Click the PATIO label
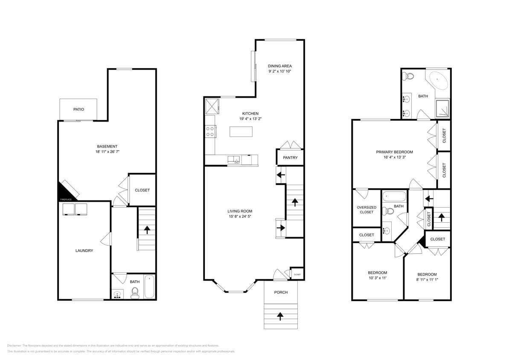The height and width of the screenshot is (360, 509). (79, 109)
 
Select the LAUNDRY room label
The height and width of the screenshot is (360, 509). (84, 250)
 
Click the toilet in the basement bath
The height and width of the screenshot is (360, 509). (135, 292)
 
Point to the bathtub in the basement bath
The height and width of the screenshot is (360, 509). (149, 287)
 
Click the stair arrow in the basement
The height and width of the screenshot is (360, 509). (147, 230)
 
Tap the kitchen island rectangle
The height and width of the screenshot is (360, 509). (241, 131)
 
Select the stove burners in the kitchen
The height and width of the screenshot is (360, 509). (209, 131)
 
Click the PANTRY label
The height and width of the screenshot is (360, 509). (290, 157)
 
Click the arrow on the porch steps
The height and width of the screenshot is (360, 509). (280, 316)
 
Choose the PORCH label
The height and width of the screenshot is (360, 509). (281, 292)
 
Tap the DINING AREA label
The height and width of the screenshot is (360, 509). (280, 66)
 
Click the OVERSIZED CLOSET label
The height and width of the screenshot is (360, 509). (366, 209)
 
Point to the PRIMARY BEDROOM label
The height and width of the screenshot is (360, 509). (394, 152)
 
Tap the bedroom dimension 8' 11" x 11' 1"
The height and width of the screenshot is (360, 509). (427, 279)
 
